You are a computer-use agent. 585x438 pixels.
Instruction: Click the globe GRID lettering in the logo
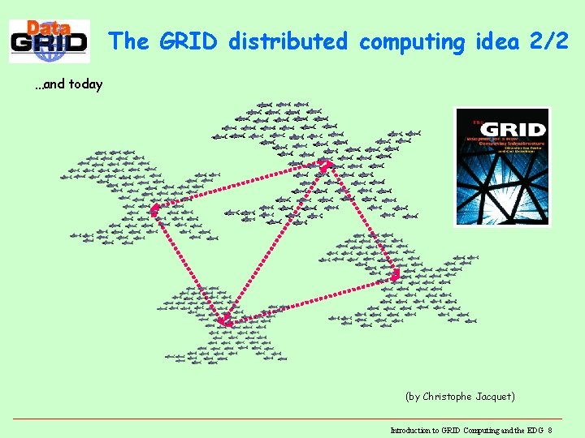49,44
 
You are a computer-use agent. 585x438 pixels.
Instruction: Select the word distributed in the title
288,41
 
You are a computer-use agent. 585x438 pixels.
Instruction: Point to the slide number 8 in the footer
550,430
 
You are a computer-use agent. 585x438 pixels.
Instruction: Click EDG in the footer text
535,430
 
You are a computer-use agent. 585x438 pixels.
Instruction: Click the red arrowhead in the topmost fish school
325,166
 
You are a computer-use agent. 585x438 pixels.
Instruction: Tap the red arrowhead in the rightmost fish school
395,275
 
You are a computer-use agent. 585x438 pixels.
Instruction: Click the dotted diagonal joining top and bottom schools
276,243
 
